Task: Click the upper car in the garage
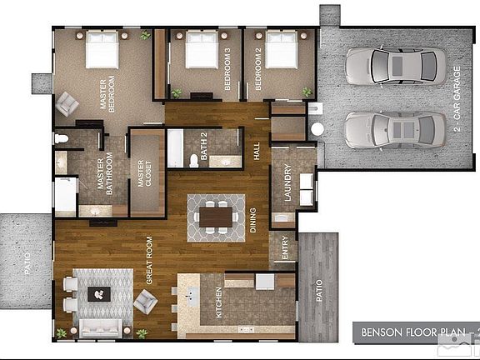(394, 65)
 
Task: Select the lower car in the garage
(394, 129)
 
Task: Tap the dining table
(216, 217)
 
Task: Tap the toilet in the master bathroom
(62, 137)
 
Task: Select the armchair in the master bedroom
(67, 103)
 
